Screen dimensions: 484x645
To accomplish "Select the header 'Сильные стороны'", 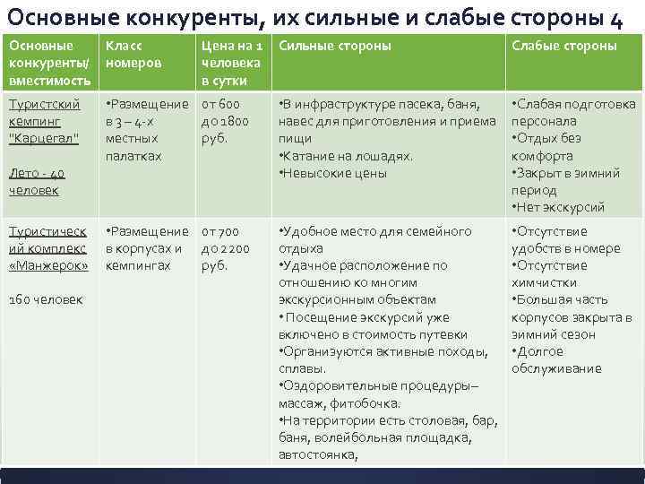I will (335, 46).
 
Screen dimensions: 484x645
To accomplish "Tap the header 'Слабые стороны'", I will (563, 46).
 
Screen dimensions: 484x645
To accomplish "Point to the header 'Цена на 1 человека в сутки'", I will (231, 63).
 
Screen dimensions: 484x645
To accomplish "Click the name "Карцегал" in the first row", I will (44, 139).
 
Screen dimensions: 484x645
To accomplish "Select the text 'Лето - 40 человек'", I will (35, 182).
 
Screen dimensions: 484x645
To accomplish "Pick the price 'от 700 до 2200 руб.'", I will (226, 248).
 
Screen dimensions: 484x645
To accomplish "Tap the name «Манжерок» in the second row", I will (48, 266).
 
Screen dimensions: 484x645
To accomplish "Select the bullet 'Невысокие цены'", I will (333, 173).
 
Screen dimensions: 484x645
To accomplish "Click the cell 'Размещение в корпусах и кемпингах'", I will (144, 248).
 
